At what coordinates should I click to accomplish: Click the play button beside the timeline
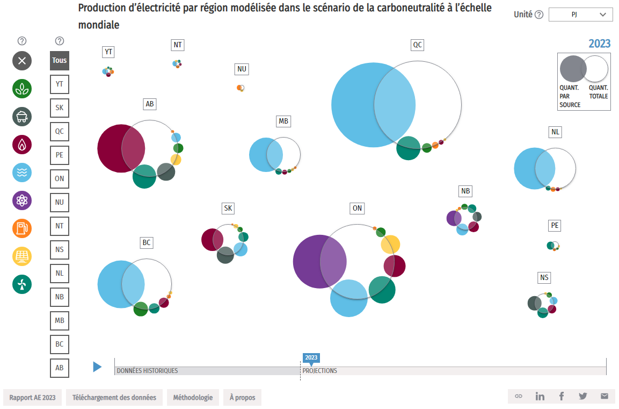97,367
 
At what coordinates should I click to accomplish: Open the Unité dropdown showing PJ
580,15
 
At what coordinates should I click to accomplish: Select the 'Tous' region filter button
60,60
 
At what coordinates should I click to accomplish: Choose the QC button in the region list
60,131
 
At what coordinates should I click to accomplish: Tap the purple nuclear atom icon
22,200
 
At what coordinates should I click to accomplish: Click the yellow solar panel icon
22,256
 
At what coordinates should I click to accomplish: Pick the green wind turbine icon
22,284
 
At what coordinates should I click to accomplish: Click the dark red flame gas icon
22,145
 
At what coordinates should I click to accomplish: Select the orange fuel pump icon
22,228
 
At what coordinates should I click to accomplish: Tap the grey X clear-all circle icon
22,61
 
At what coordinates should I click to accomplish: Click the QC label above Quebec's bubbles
417,45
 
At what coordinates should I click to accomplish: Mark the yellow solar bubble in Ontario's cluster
391,245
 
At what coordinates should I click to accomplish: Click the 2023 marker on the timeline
311,358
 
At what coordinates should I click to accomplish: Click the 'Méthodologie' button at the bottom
193,398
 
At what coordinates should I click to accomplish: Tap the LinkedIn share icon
540,397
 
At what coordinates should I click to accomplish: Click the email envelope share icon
605,397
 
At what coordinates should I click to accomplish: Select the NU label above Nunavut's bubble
242,69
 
